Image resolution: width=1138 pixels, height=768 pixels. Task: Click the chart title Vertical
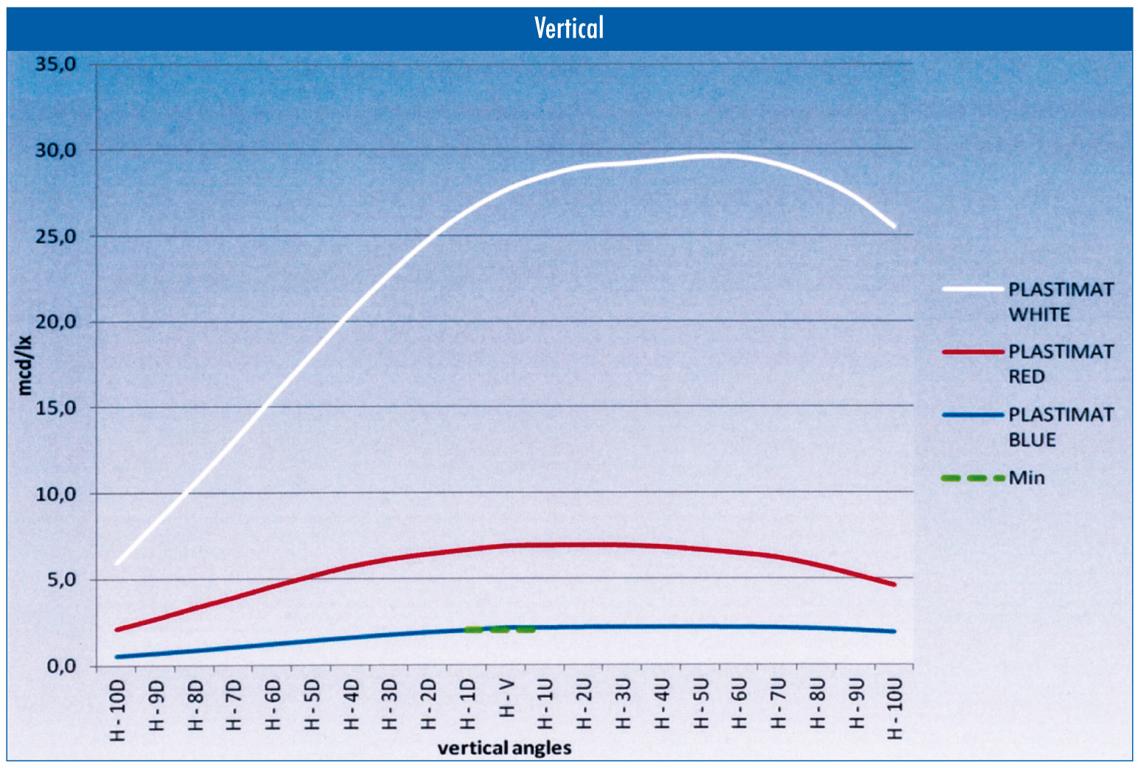coord(568,28)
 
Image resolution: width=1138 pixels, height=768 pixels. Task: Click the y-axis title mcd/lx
coord(25,365)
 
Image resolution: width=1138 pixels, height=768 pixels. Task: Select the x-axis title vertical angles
coord(504,748)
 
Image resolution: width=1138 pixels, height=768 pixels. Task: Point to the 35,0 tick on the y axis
coord(56,64)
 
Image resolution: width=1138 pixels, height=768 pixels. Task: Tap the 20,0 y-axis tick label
coord(56,322)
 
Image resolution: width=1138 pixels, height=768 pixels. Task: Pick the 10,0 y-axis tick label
coord(56,495)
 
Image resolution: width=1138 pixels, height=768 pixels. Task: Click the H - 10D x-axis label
coord(118,710)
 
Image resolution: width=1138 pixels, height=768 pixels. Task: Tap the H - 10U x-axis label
coord(895,710)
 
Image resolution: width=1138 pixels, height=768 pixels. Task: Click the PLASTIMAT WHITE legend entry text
coord(1060,302)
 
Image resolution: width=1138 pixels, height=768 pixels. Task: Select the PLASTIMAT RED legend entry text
coord(1060,364)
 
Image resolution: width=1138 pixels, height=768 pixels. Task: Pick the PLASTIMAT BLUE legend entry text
coord(1060,427)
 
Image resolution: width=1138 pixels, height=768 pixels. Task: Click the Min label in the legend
coord(1027,478)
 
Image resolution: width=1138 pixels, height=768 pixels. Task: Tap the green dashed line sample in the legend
coord(973,478)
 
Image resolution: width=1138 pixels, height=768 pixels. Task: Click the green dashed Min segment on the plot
coord(500,629)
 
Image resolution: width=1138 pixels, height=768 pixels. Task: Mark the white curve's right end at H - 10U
coord(894,226)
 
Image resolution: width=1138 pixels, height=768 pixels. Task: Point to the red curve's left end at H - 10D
coord(117,629)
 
